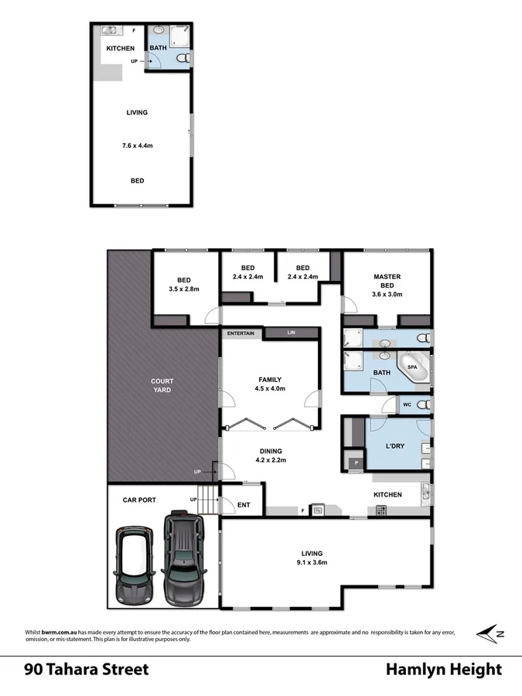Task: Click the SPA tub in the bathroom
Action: [414, 368]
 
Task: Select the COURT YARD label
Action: [162, 385]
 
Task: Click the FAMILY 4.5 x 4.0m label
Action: [271, 384]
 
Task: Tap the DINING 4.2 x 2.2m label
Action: [271, 455]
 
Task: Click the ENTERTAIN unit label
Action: [241, 333]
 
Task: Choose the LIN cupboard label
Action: [291, 333]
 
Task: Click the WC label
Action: [406, 404]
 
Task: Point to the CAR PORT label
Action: [140, 500]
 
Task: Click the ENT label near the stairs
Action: [244, 505]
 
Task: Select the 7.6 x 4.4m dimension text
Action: [137, 145]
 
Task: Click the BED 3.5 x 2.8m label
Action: [184, 285]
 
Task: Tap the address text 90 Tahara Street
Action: [86, 669]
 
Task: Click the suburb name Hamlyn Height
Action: [444, 669]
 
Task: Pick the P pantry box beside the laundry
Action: [357, 462]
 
